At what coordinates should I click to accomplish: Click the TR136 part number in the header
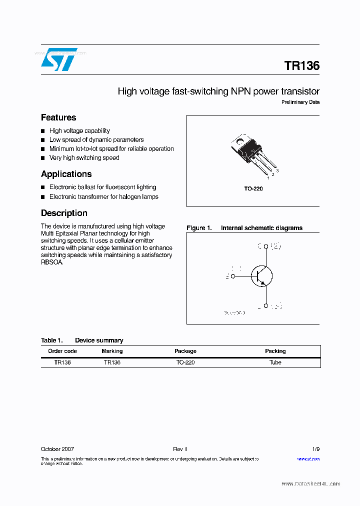(x=301, y=66)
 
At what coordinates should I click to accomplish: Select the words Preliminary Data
(x=300, y=102)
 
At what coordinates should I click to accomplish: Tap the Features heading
(x=58, y=117)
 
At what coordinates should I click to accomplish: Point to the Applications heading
(x=66, y=174)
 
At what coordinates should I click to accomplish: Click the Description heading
(x=64, y=213)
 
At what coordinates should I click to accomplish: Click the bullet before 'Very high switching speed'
(x=43, y=158)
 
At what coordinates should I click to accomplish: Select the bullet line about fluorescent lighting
(x=102, y=187)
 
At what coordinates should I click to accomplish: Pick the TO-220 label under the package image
(x=253, y=188)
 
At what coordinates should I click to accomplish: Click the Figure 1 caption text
(x=244, y=228)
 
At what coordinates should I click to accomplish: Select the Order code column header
(x=62, y=351)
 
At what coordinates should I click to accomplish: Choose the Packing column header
(x=275, y=351)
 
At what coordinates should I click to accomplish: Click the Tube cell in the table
(x=275, y=362)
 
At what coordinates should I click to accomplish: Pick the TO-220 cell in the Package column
(x=185, y=362)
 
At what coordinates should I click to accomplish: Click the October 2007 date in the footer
(x=57, y=449)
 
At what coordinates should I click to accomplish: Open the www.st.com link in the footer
(x=308, y=458)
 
